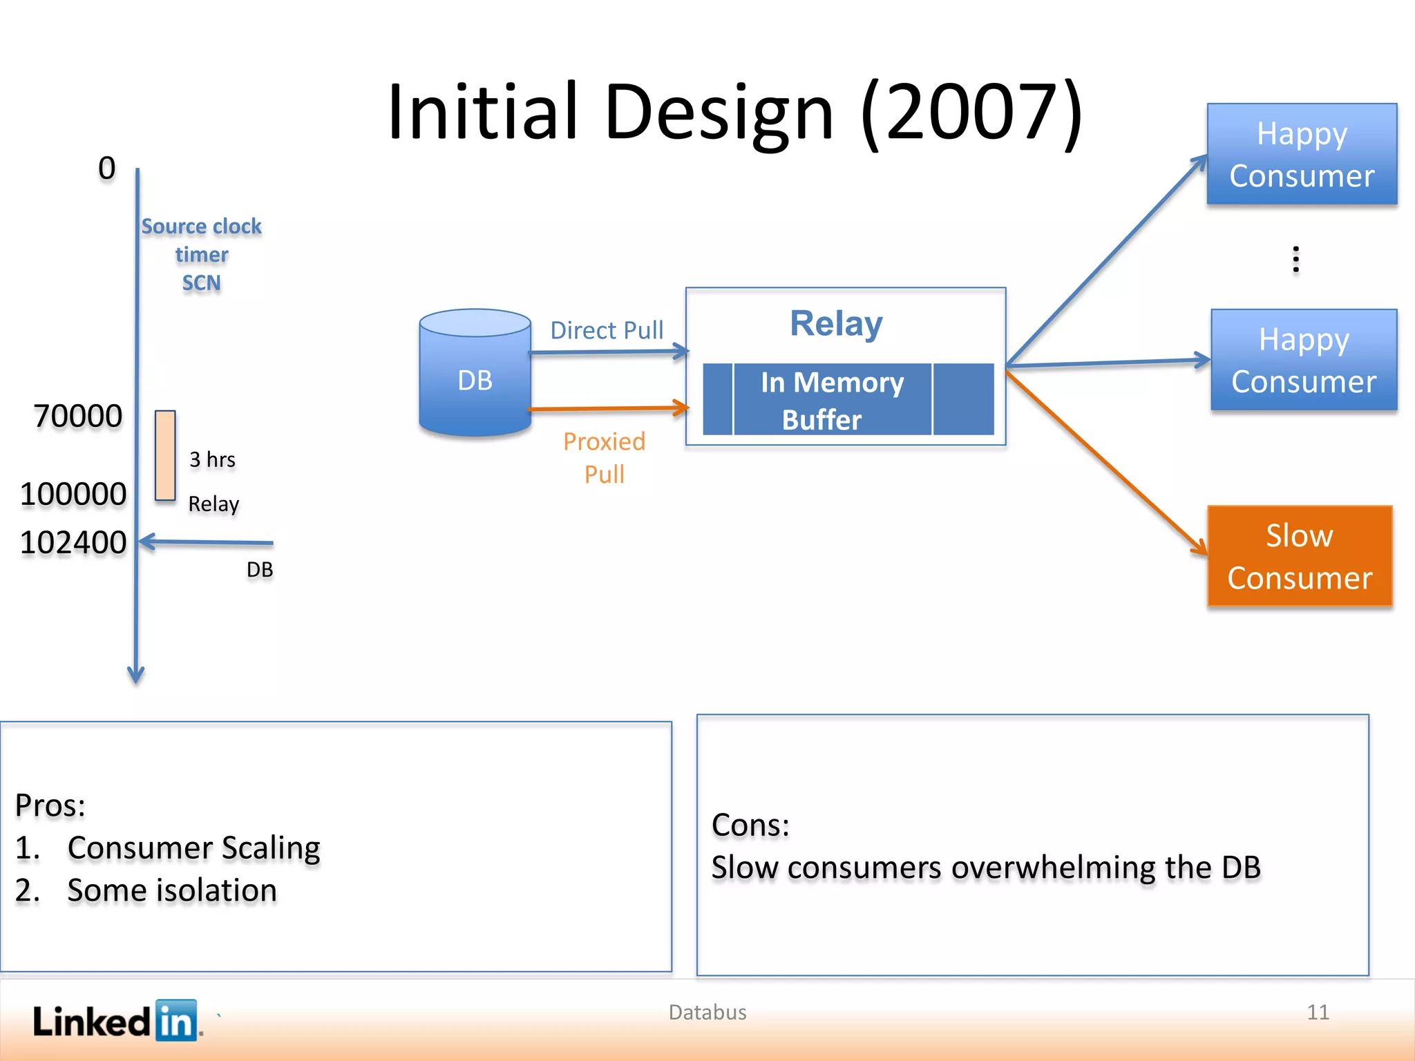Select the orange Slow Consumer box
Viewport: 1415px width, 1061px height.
point(1299,556)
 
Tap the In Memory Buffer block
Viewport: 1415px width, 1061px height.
point(832,400)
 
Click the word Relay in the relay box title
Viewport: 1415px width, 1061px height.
point(836,323)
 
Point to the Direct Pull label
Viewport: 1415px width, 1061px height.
point(607,330)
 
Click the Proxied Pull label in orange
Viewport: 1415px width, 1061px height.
point(604,457)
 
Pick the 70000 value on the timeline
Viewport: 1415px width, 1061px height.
point(78,417)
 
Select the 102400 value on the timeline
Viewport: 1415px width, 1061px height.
point(73,542)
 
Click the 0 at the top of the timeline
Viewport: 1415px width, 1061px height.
point(106,168)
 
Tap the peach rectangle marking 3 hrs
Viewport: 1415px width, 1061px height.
point(165,455)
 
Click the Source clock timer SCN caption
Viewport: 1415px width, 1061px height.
point(201,255)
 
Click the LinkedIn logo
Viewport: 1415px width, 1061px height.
point(116,1020)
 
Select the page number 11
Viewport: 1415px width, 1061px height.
point(1318,1013)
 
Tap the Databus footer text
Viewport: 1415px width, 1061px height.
point(707,1013)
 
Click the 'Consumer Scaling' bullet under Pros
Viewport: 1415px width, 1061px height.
point(193,848)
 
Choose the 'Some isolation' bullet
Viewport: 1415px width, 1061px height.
point(172,890)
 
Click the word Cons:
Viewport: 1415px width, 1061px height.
point(750,825)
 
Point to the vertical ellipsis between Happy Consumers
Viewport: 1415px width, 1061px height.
point(1295,259)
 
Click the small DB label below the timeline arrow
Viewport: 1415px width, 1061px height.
point(260,570)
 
